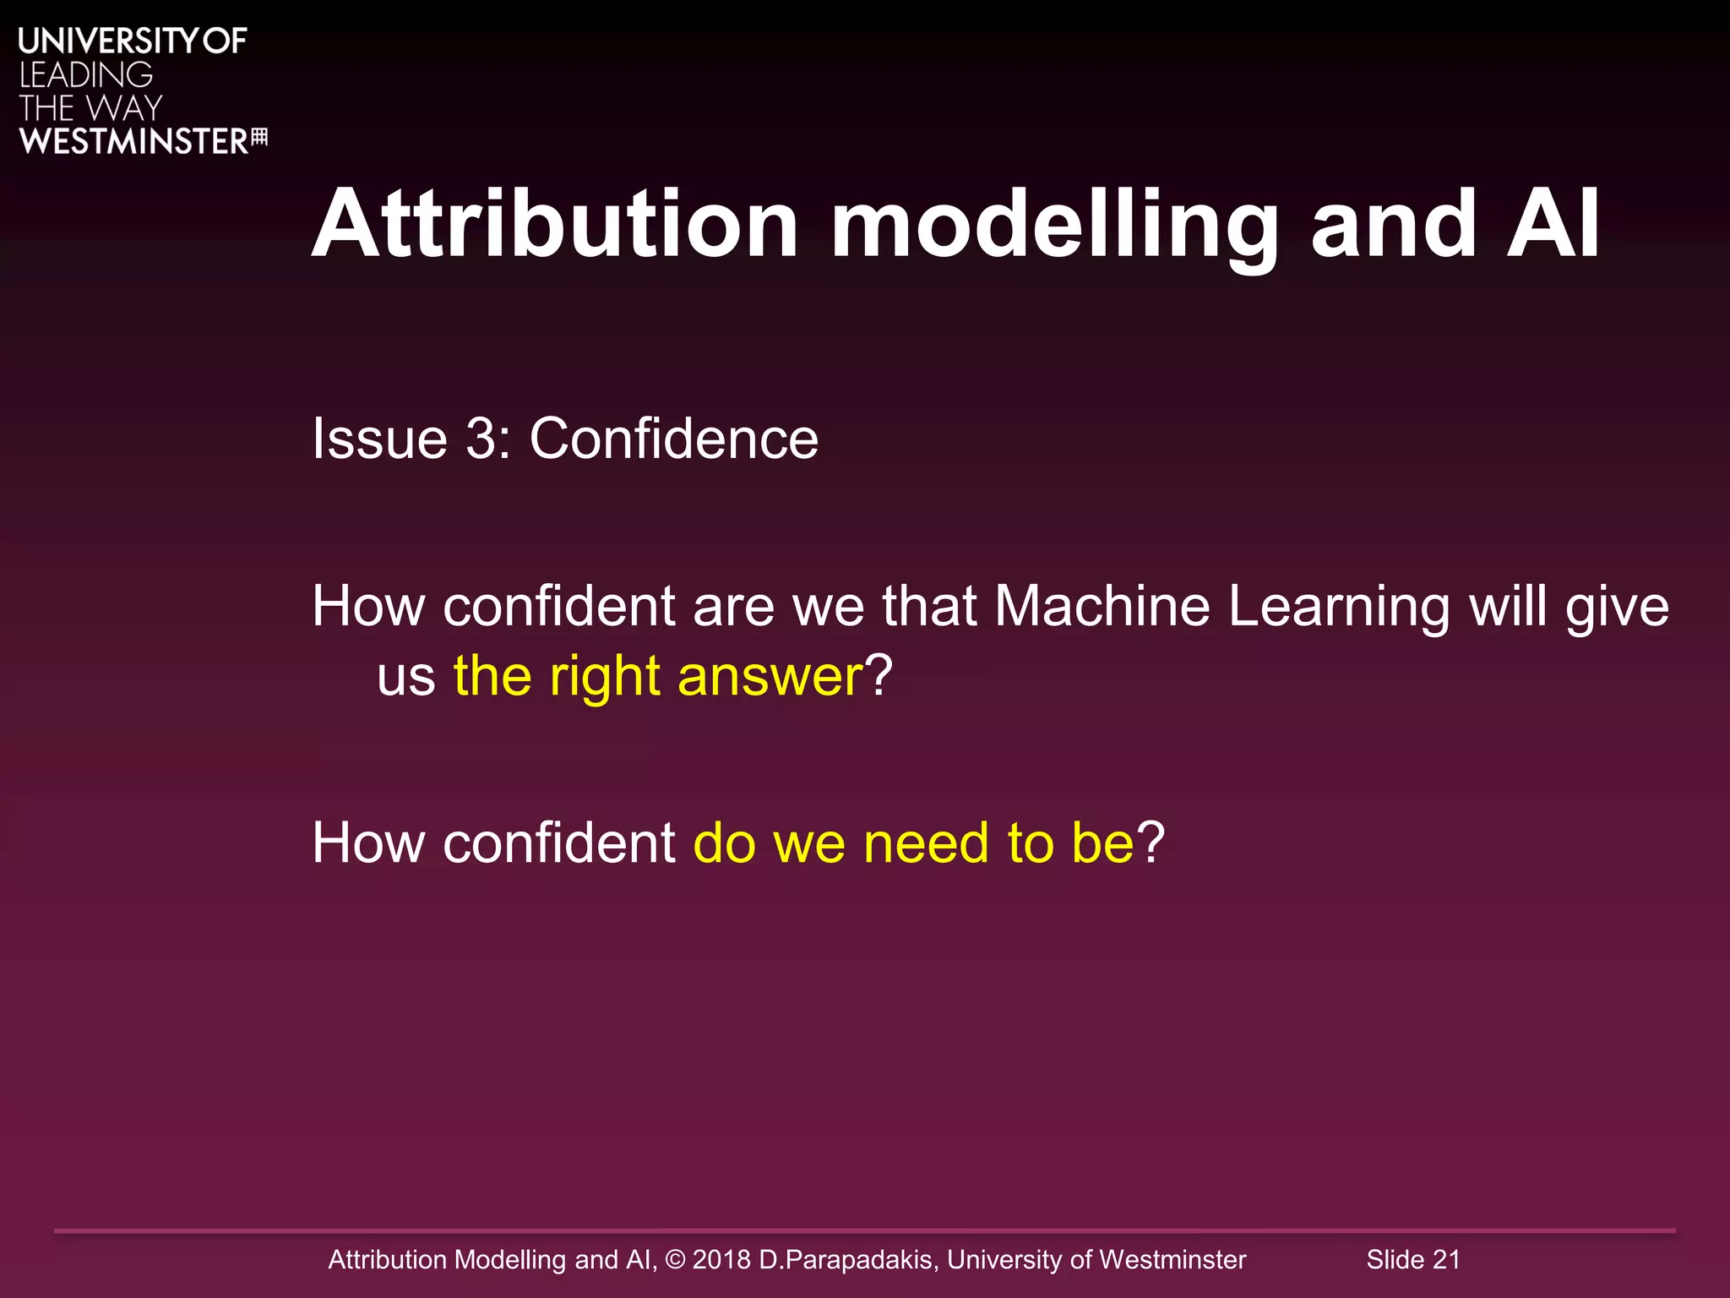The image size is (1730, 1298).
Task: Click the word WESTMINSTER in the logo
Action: [x=133, y=141]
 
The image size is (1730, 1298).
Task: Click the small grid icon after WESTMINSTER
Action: [x=260, y=137]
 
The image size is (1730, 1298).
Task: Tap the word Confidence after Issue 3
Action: [x=673, y=439]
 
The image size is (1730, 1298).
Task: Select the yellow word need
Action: [x=926, y=843]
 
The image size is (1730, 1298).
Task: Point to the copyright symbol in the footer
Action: [x=675, y=1259]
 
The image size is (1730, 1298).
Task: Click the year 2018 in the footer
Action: [x=721, y=1259]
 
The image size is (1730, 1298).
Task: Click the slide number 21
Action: [x=1446, y=1259]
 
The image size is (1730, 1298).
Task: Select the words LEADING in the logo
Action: [x=86, y=75]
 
